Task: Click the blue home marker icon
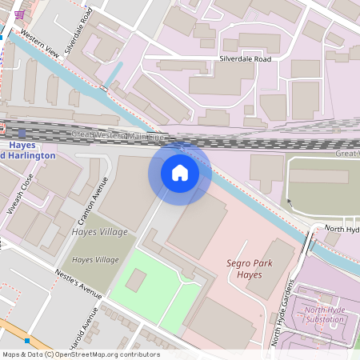click(180, 172)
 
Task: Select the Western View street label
click(40, 44)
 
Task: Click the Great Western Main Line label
click(117, 135)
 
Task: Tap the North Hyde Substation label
click(325, 314)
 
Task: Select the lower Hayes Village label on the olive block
click(95, 260)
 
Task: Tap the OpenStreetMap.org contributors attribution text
click(104, 354)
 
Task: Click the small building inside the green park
click(136, 280)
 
